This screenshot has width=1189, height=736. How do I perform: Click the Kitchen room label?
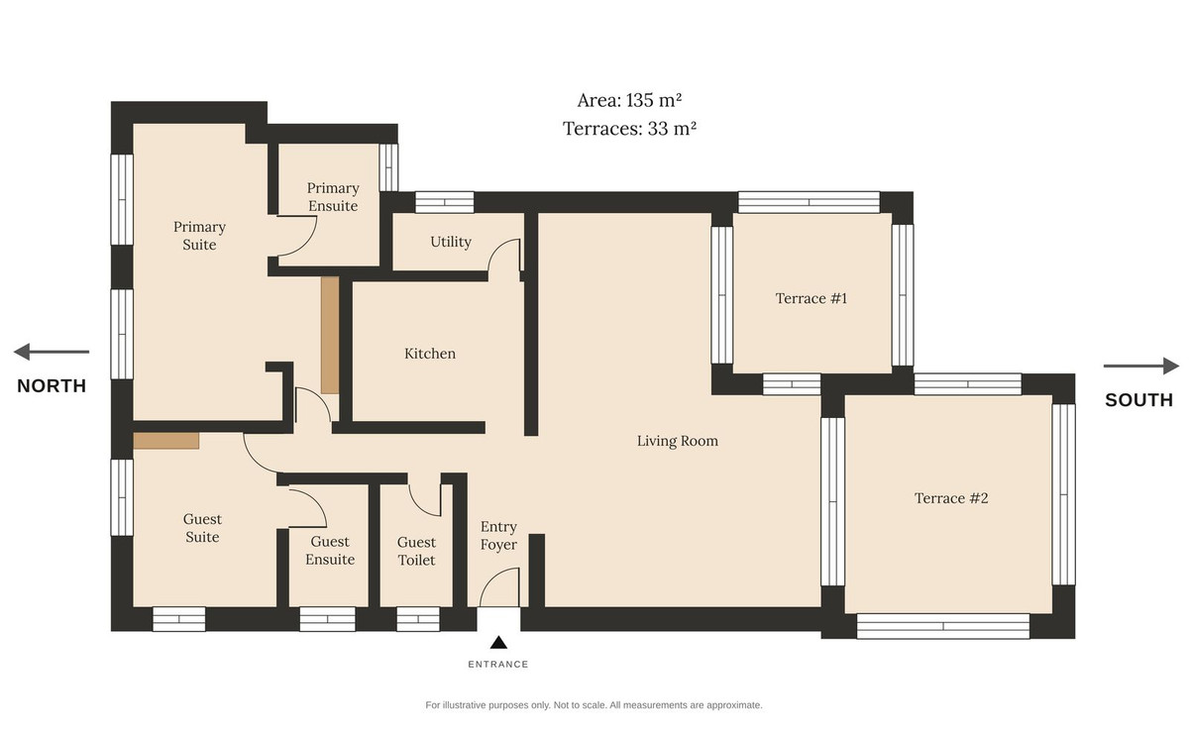(x=430, y=354)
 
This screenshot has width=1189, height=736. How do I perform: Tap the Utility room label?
(x=451, y=242)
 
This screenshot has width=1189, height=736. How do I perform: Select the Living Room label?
(x=678, y=441)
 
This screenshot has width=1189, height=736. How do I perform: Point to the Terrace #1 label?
(x=811, y=298)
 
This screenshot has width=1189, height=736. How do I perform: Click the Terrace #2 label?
(x=951, y=498)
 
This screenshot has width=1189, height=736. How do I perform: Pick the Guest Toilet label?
(x=417, y=551)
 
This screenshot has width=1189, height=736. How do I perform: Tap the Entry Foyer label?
(x=498, y=536)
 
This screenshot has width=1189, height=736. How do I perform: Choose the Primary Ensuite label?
(x=333, y=197)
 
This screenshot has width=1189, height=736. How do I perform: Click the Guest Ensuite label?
(x=330, y=551)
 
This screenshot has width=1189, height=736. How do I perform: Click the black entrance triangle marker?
(x=498, y=643)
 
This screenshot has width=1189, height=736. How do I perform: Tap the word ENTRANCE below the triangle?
(x=497, y=665)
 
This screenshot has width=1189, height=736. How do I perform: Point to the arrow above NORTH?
(x=52, y=352)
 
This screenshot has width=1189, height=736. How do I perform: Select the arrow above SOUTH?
(x=1141, y=366)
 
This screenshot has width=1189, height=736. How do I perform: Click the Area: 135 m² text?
(x=629, y=100)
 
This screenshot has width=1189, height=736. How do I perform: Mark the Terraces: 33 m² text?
(x=629, y=129)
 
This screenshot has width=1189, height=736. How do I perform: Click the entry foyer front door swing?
(x=499, y=587)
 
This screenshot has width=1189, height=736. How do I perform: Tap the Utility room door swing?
(x=504, y=256)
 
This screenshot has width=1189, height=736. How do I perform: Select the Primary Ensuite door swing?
(x=297, y=236)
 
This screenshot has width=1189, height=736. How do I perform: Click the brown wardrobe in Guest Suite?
(x=166, y=441)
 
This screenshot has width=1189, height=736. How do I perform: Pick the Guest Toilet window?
(x=418, y=619)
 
